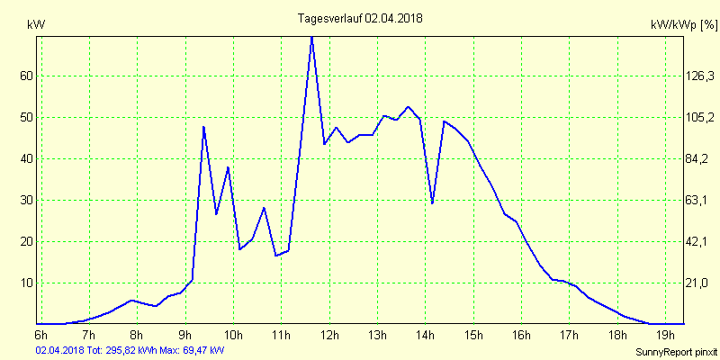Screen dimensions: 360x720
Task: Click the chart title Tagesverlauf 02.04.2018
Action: click(x=360, y=18)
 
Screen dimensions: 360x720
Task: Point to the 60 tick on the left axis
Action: click(x=27, y=76)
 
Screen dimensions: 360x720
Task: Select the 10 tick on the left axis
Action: click(x=27, y=283)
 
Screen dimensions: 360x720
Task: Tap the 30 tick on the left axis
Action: click(x=27, y=201)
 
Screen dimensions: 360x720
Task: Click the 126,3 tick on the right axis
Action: click(x=674, y=76)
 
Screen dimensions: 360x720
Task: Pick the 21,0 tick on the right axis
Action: click(x=674, y=283)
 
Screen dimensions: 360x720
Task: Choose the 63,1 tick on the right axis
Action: click(x=674, y=201)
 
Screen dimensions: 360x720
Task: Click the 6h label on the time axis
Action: click(x=41, y=337)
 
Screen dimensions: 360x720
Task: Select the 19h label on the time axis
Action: click(x=664, y=337)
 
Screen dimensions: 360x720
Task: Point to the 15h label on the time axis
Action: click(x=473, y=337)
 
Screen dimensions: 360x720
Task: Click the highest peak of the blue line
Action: click(x=311, y=37)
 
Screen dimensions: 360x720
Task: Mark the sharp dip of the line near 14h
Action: click(x=433, y=203)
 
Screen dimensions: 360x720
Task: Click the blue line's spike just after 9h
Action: click(x=204, y=127)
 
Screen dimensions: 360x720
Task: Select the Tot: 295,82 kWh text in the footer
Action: click(x=121, y=349)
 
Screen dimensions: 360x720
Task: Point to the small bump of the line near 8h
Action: click(x=132, y=300)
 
